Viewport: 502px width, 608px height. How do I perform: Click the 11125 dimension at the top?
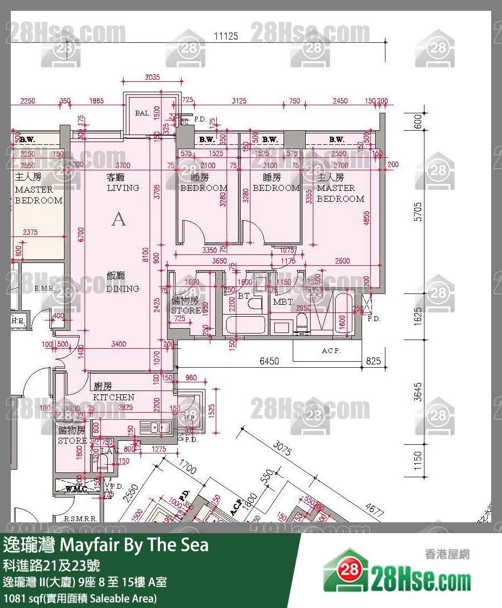(226, 36)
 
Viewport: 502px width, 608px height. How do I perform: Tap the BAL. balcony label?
(143, 113)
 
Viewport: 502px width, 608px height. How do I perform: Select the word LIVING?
(123, 188)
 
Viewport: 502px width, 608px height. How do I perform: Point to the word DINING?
(123, 289)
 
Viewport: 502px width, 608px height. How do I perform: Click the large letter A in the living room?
(118, 219)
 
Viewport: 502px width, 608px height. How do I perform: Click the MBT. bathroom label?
(283, 302)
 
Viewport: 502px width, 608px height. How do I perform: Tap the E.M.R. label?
(44, 289)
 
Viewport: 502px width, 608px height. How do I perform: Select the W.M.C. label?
(76, 489)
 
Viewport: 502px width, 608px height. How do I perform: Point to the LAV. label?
(110, 451)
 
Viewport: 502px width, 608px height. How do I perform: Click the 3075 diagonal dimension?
(284, 450)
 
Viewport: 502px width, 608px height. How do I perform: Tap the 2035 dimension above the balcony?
(152, 78)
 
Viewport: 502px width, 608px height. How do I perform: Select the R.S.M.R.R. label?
(80, 519)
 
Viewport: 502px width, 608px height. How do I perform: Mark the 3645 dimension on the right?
(417, 391)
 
